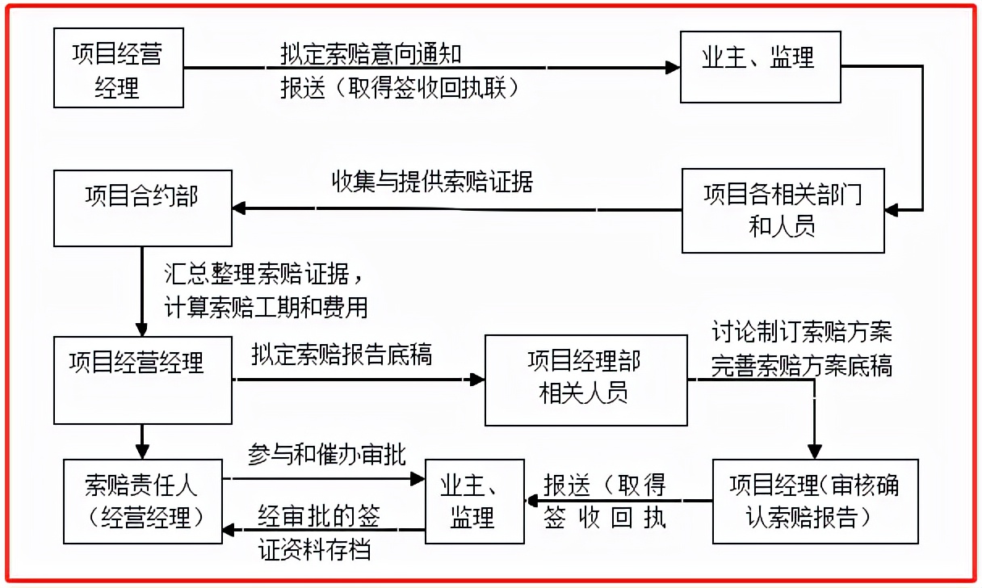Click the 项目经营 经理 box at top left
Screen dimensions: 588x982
[118, 69]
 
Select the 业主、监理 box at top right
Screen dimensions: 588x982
[759, 67]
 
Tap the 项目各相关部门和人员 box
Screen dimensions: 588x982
[783, 210]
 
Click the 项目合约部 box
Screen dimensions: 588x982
[142, 207]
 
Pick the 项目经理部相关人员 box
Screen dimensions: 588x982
[585, 380]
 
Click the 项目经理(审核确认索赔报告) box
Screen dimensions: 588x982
[815, 502]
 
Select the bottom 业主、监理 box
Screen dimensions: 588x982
[475, 502]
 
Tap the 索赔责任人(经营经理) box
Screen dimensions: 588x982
[142, 502]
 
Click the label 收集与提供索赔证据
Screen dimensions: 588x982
[433, 182]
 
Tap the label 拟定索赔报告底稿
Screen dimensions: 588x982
[341, 354]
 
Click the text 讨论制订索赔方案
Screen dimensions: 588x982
[801, 332]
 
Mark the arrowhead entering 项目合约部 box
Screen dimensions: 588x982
[239, 209]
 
